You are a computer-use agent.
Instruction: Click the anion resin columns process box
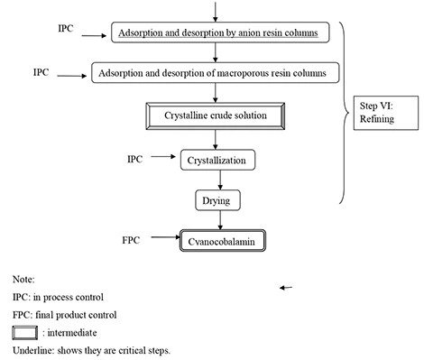click(x=229, y=34)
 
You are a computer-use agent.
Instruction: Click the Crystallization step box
click(x=213, y=161)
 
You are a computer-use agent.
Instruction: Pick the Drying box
click(x=214, y=198)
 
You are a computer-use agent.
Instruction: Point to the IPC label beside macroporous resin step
click(x=42, y=70)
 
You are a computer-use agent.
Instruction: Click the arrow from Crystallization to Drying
click(x=214, y=180)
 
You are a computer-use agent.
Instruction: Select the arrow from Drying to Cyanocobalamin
click(x=214, y=219)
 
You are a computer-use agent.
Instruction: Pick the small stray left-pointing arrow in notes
click(x=287, y=287)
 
